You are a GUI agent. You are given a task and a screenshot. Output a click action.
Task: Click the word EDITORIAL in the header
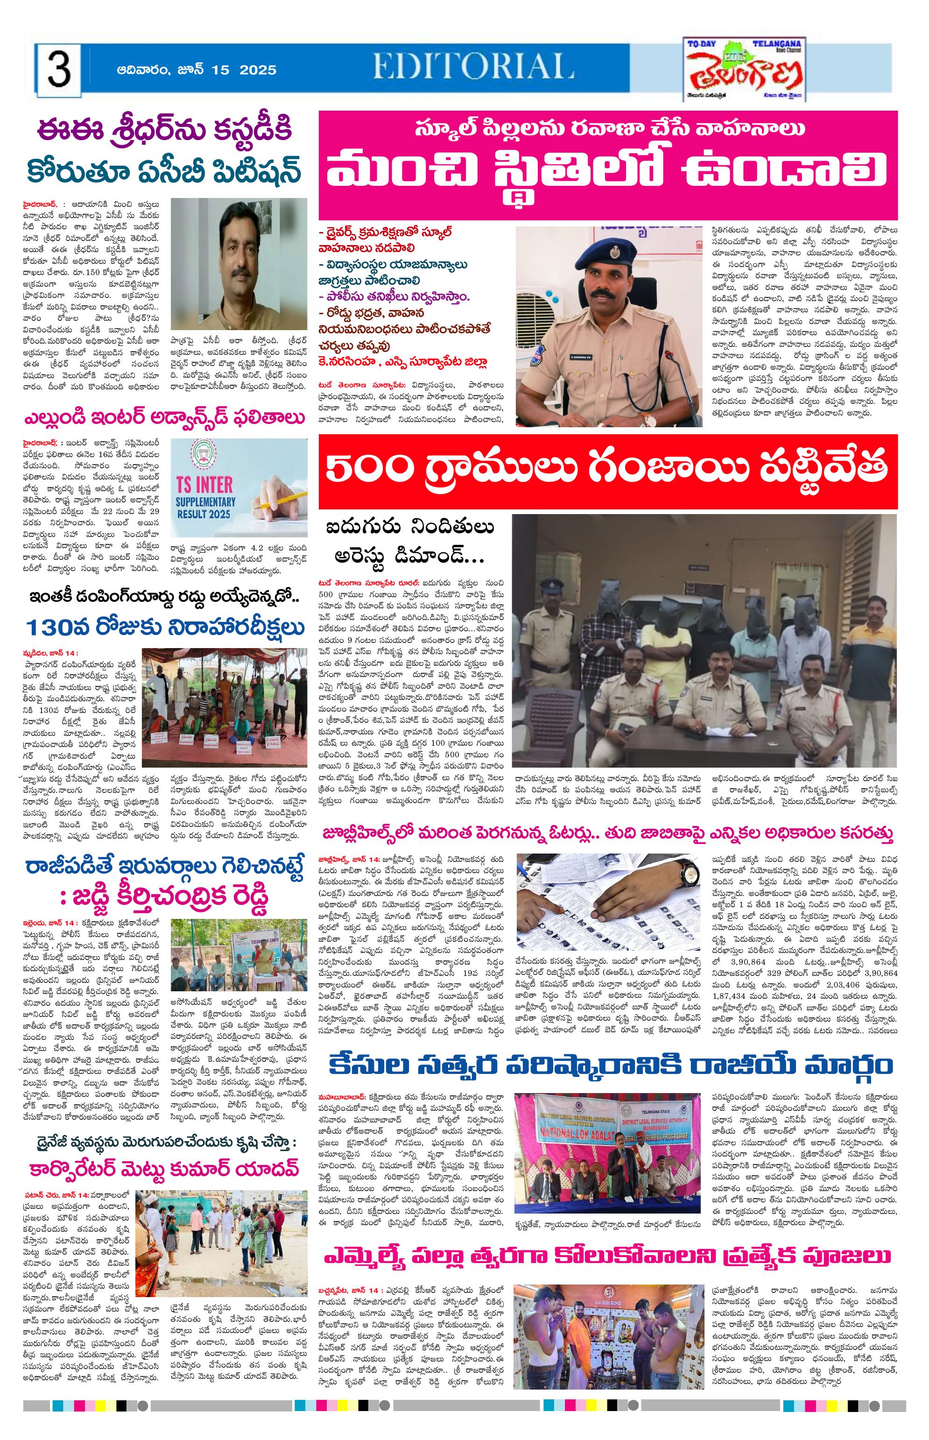pyautogui.click(x=473, y=66)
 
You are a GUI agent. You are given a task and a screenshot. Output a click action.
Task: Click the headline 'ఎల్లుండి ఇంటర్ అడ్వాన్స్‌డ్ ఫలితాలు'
pyautogui.click(x=163, y=417)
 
